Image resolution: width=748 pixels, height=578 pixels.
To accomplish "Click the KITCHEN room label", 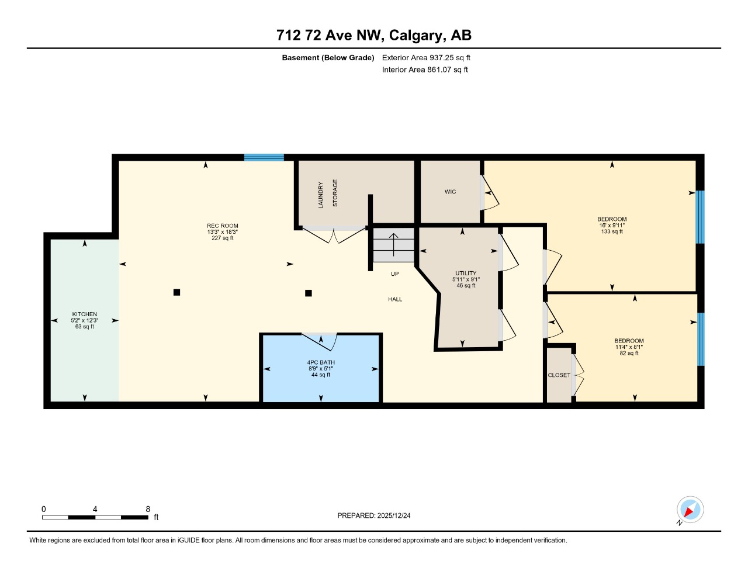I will click(x=85, y=314).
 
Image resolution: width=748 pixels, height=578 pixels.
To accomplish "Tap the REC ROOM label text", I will click(x=223, y=226).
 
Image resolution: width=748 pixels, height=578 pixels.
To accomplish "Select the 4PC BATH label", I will click(x=321, y=363).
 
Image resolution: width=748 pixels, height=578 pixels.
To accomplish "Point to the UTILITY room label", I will click(x=466, y=274).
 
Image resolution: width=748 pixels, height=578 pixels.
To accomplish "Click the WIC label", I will click(x=450, y=192).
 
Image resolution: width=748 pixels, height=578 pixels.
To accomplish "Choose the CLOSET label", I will click(x=559, y=375).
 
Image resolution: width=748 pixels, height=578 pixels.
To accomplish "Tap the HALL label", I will click(x=395, y=299).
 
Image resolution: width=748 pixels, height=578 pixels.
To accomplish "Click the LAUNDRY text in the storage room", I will click(x=320, y=195).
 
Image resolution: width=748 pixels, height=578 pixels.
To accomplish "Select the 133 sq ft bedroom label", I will click(x=612, y=220).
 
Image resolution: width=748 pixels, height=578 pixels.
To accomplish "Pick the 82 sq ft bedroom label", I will click(x=629, y=341).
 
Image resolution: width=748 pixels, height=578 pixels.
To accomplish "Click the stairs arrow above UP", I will click(x=394, y=244).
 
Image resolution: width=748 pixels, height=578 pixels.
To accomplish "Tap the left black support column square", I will click(x=176, y=292).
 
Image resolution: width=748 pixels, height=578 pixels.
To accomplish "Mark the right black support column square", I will click(x=309, y=293).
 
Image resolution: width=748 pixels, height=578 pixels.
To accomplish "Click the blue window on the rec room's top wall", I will click(x=264, y=157).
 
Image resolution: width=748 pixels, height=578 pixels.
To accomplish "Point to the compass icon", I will click(x=690, y=510).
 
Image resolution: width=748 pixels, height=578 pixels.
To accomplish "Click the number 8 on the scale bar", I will click(x=148, y=509).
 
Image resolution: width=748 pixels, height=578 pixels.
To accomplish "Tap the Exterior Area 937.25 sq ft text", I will click(x=426, y=58).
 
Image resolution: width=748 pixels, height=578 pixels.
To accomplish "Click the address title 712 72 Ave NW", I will click(x=330, y=35).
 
